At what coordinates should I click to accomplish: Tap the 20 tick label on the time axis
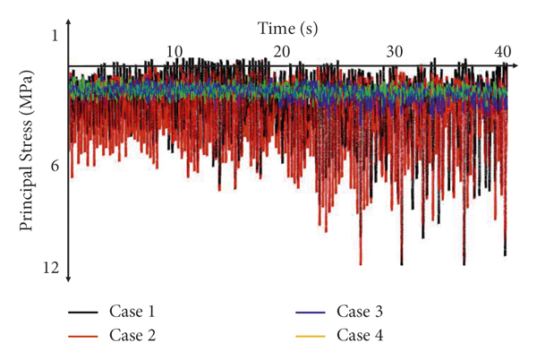[282, 51]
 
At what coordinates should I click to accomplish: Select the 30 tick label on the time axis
[394, 51]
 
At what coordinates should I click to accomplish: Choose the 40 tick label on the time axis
[502, 51]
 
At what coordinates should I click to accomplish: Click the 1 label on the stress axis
[54, 35]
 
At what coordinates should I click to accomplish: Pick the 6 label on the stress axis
[54, 167]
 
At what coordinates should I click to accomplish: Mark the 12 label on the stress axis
[51, 269]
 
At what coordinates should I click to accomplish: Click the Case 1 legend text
[132, 313]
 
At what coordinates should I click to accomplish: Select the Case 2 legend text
[132, 337]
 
